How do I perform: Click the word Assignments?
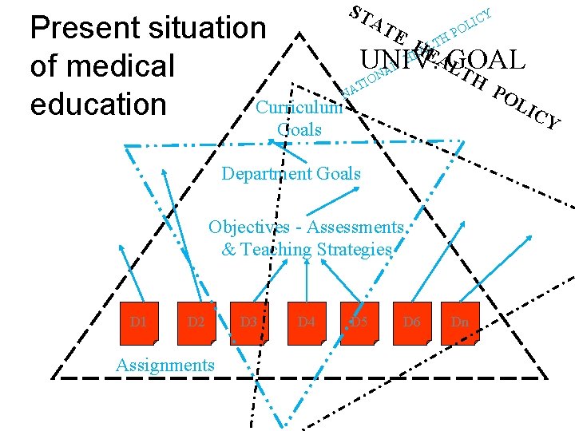[165, 365]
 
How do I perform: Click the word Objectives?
[248, 227]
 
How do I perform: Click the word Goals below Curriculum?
[299, 129]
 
